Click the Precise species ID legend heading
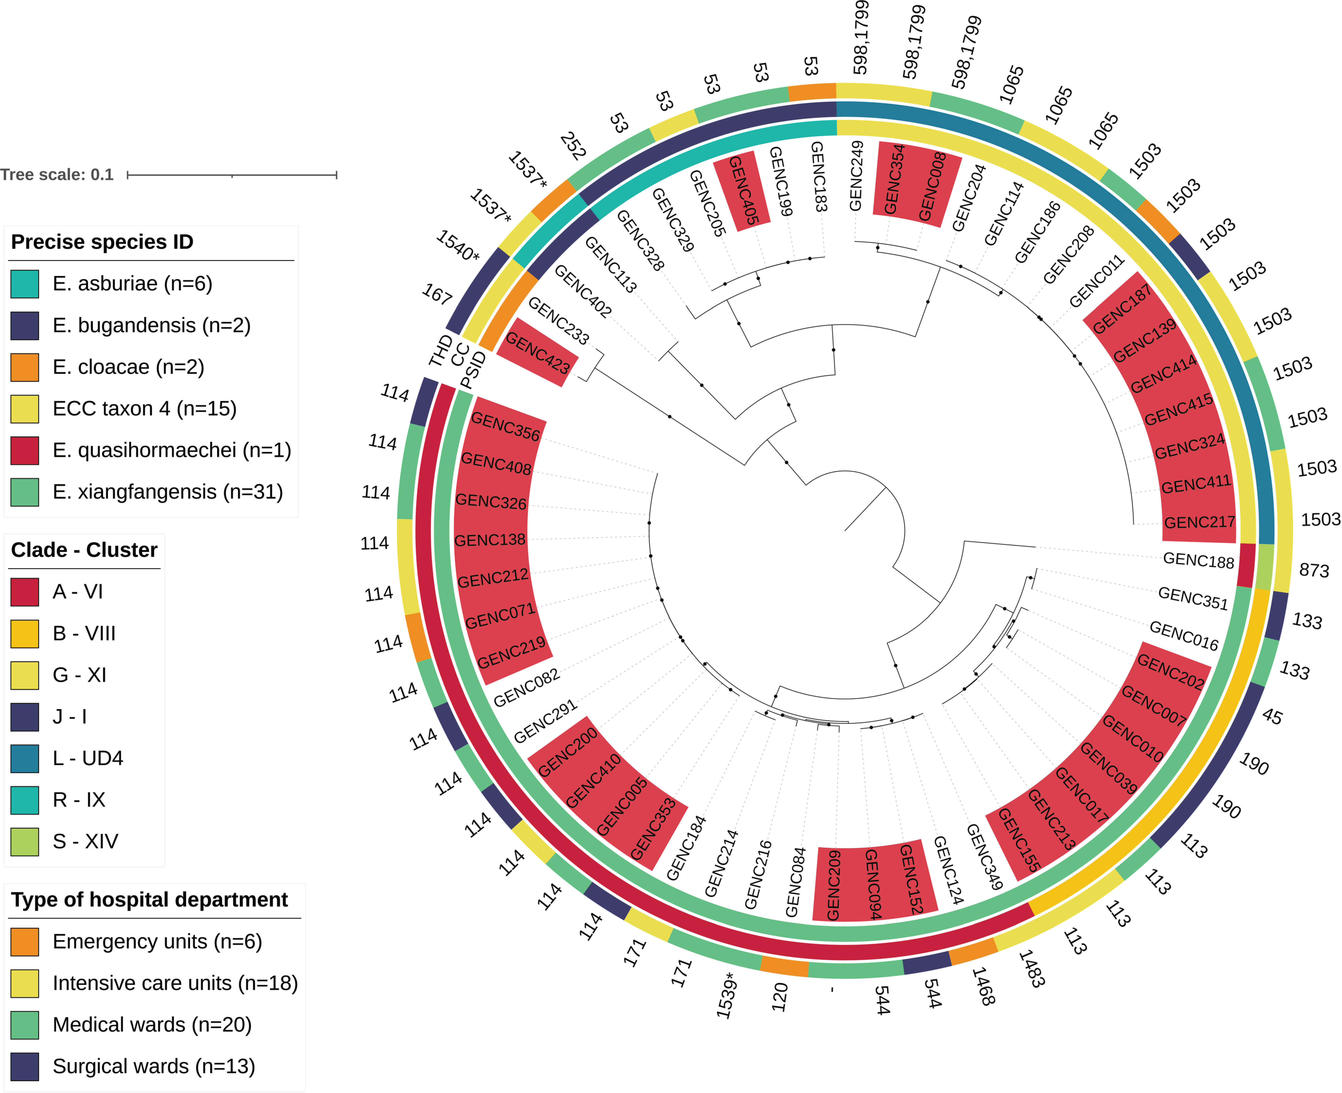tap(102, 242)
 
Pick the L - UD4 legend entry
tap(87, 758)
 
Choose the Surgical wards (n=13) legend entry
tap(154, 1066)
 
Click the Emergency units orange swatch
tap(25, 942)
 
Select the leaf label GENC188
tap(1198, 560)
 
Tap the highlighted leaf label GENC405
tap(744, 190)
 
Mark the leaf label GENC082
tap(526, 688)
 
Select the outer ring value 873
tap(1314, 570)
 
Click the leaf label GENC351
tap(1193, 598)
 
